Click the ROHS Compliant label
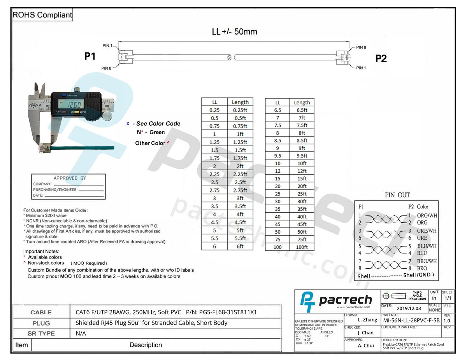point(42,15)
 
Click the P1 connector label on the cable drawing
point(90,56)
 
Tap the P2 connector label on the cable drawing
point(381,58)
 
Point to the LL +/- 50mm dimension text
point(234,32)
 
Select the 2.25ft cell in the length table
point(240,174)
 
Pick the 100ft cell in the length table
point(302,247)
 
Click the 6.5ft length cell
point(302,110)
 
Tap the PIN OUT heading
point(397,195)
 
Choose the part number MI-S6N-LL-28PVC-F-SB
point(411,320)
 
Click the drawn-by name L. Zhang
point(367,320)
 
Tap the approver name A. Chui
point(366,345)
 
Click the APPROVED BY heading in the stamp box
point(70,178)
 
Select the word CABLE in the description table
point(41,312)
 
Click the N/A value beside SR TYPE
point(81,333)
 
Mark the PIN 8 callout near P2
point(361,47)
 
